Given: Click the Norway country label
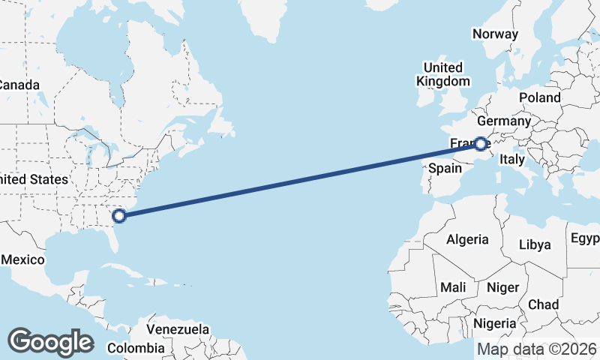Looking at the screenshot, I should [495, 34].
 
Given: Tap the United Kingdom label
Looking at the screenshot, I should [443, 74].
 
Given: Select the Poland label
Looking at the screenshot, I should [539, 97].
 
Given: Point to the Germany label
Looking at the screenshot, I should [503, 121].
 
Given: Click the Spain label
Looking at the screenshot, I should [444, 169].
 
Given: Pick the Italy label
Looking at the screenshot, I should [512, 160].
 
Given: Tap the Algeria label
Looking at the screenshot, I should [467, 240].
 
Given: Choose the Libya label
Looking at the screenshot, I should [535, 244].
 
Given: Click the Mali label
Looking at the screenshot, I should [453, 287].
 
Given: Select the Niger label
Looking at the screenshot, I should [502, 287].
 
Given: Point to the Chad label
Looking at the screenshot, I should [543, 304].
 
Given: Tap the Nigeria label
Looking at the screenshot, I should [495, 323].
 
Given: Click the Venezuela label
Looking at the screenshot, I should [178, 329].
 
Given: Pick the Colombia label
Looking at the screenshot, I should [136, 348].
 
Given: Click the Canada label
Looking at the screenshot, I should [18, 85].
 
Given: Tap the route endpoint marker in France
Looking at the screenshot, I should [480, 143].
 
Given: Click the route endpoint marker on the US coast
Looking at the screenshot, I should [118, 217].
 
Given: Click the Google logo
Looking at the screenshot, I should [50, 341].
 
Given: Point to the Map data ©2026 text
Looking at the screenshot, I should [537, 349].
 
